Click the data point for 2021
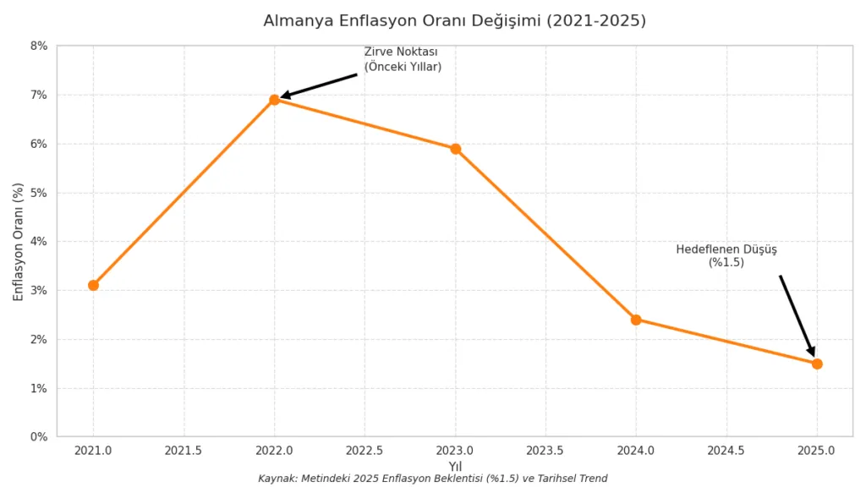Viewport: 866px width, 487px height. [93, 285]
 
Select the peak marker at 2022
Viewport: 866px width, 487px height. [274, 100]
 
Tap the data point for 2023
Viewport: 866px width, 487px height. [455, 149]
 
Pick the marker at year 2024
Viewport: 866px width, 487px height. [636, 320]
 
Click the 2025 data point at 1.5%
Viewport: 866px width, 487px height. [817, 364]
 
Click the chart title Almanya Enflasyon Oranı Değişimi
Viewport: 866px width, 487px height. [454, 20]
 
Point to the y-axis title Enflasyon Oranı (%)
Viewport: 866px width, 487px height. [19, 241]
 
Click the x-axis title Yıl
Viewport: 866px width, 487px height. [455, 466]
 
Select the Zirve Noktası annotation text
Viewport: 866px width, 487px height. [403, 59]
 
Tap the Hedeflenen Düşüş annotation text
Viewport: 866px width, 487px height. [726, 255]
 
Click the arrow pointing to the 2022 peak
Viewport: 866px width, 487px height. [320, 85]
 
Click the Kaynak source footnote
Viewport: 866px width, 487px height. [432, 479]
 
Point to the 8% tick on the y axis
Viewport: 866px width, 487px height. [39, 46]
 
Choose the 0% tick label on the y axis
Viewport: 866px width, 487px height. [39, 437]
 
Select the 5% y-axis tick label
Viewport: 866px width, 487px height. [39, 193]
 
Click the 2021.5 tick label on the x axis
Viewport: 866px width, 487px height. [184, 451]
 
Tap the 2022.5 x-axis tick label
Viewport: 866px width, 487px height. [364, 451]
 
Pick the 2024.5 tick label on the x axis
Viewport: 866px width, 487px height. [726, 451]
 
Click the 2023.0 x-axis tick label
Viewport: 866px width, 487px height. [455, 451]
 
